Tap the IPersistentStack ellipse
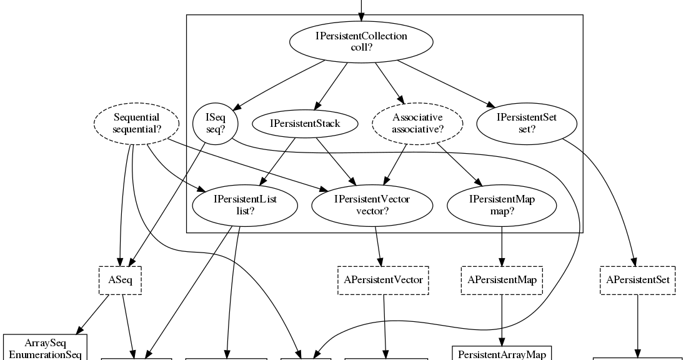tap(305, 124)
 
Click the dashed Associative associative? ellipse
tap(417, 123)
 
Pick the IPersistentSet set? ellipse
tap(526, 123)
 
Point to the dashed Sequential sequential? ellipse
tap(137, 123)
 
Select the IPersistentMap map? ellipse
tap(502, 205)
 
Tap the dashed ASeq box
tap(120, 280)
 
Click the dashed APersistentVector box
tap(384, 280)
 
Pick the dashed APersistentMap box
tap(502, 280)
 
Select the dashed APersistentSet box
tap(637, 280)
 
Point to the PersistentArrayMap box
tap(502, 354)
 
